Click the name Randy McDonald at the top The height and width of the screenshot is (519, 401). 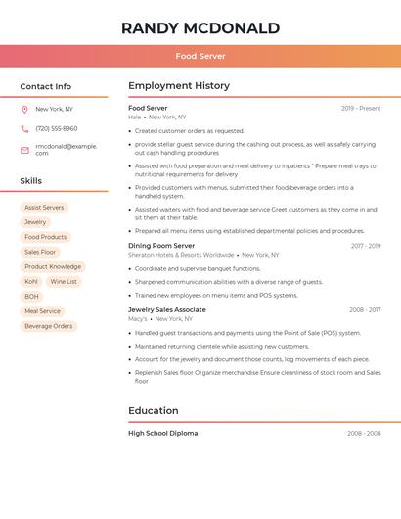pos(200,28)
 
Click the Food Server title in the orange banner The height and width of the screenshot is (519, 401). pos(200,56)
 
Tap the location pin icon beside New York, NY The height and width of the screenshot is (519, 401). pos(24,110)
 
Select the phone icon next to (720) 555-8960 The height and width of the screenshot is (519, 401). pos(24,128)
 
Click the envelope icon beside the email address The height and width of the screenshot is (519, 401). pos(24,150)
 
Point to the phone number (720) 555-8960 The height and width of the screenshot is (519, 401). pos(56,128)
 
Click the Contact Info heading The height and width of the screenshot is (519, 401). pos(45,86)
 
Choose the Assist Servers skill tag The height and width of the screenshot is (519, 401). pos(44,208)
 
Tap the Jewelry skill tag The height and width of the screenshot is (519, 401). pos(35,222)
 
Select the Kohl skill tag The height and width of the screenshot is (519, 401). pos(31,282)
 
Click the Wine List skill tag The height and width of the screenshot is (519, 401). pos(64,282)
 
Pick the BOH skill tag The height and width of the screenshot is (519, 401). pos(32,297)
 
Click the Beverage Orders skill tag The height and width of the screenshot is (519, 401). pos(49,326)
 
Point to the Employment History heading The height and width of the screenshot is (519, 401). pos(179,86)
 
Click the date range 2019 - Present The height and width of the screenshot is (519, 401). pos(361,109)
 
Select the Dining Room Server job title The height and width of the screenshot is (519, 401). pos(161,246)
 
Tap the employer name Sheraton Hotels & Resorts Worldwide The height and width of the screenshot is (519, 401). pos(181,255)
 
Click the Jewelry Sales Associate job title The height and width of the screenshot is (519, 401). pos(167,309)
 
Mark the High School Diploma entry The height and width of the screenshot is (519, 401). pos(162,433)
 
